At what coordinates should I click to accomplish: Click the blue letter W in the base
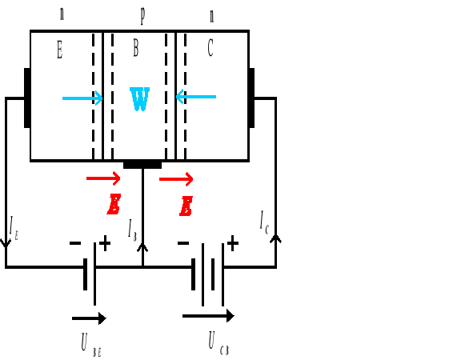click(139, 100)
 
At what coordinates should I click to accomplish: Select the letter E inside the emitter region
click(59, 50)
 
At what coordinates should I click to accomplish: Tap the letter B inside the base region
click(135, 50)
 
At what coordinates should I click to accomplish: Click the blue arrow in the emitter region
click(82, 98)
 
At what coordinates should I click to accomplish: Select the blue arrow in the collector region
click(196, 98)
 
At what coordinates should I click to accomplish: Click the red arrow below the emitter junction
click(103, 178)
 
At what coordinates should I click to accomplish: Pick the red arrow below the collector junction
click(176, 178)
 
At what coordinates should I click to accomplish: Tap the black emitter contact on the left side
click(27, 98)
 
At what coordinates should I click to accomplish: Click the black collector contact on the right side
click(251, 98)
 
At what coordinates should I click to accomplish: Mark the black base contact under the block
click(142, 165)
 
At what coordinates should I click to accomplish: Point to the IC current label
click(264, 221)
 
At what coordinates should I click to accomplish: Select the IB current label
click(133, 228)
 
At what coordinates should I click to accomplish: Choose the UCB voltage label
click(218, 344)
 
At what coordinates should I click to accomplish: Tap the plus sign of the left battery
click(105, 242)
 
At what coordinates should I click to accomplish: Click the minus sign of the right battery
click(183, 242)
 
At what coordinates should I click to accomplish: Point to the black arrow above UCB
click(208, 315)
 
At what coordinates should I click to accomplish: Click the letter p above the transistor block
click(142, 14)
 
